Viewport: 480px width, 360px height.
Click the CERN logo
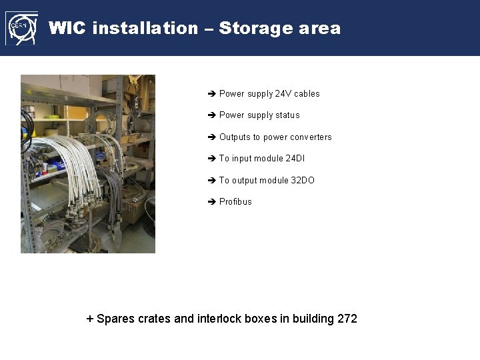[x=21, y=28]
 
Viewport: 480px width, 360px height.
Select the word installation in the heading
[x=145, y=28]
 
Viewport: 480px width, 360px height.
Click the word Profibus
[x=235, y=202]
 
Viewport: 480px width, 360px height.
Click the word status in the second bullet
[x=287, y=115]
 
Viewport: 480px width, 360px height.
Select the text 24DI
[x=295, y=159]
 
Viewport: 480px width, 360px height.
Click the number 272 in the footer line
[x=347, y=319]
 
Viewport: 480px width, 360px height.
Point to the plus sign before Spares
[x=90, y=319]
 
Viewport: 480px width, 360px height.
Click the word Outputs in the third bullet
[x=234, y=137]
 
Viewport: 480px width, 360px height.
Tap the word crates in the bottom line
[x=154, y=319]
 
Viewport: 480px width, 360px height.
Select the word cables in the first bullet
[x=307, y=94]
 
